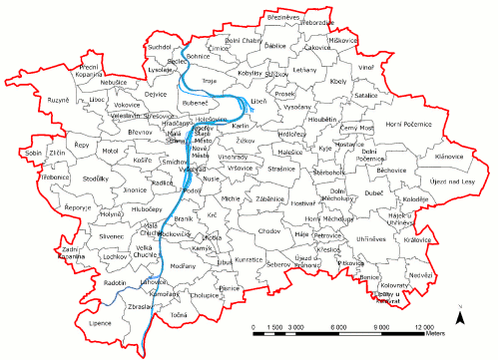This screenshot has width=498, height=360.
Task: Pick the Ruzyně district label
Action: tap(56, 101)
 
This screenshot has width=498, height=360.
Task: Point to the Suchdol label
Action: tap(160, 47)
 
